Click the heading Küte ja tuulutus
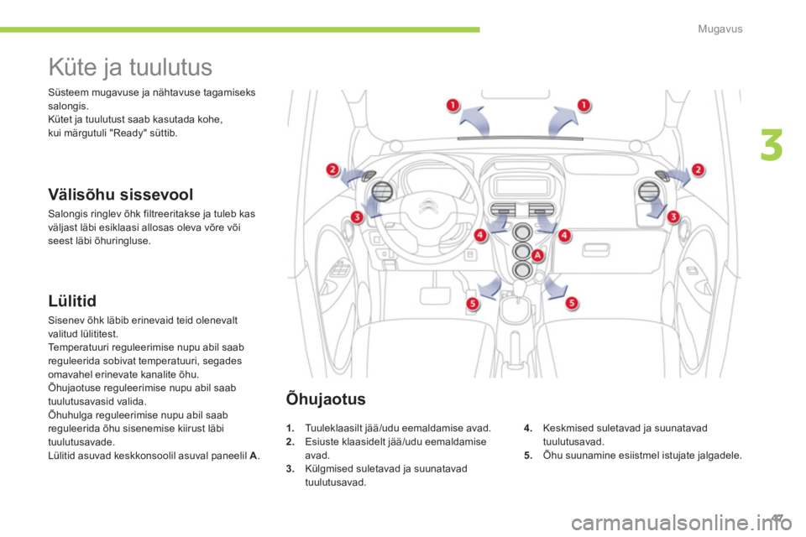(130, 65)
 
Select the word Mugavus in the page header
(723, 29)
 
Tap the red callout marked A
(536, 256)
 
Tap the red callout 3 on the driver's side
(357, 217)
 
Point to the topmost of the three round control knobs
(522, 233)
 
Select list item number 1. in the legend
(290, 427)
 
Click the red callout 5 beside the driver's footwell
(474, 302)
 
